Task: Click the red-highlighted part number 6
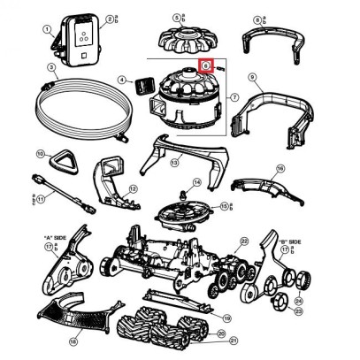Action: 204,65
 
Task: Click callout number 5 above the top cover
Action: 177,17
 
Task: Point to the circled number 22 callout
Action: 244,241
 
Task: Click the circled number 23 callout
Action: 298,311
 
